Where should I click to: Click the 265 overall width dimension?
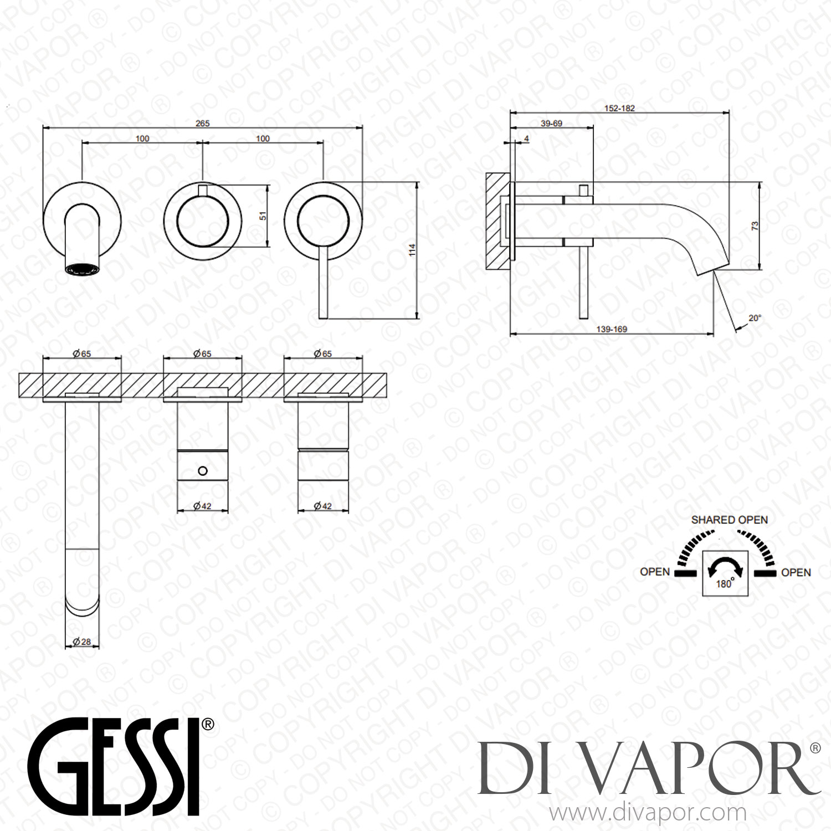click(x=203, y=124)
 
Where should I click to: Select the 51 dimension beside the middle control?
click(x=264, y=216)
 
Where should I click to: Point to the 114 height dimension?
click(x=412, y=250)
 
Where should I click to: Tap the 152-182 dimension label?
click(x=619, y=109)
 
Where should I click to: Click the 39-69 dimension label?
click(x=551, y=124)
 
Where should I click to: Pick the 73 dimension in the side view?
click(x=755, y=226)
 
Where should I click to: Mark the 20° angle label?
click(x=755, y=318)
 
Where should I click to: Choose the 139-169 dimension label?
click(x=612, y=329)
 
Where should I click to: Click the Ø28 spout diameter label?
click(x=82, y=642)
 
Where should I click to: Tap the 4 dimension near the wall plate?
click(x=526, y=138)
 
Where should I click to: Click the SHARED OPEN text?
click(x=729, y=520)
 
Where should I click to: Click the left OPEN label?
click(x=654, y=572)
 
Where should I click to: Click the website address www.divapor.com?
click(x=647, y=813)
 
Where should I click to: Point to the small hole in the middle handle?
click(x=202, y=471)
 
